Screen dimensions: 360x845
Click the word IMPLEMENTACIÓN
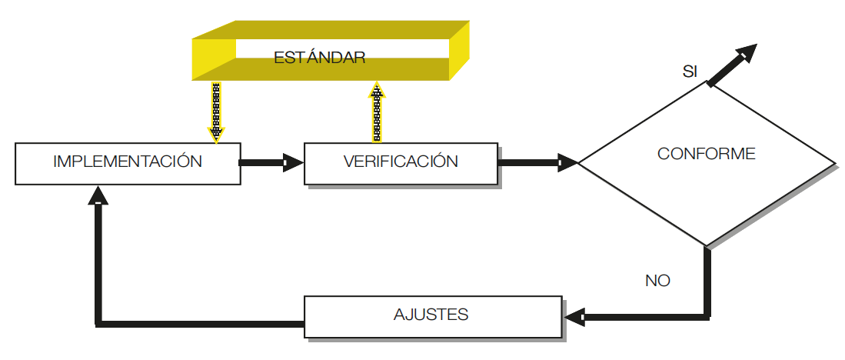[128, 162]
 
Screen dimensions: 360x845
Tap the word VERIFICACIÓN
[401, 162]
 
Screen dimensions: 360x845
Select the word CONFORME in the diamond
[706, 154]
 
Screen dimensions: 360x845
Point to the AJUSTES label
[431, 315]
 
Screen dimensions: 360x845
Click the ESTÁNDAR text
[319, 58]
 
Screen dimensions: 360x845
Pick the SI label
[690, 72]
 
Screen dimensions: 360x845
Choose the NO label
[657, 281]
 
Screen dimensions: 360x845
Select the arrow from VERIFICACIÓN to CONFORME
[538, 162]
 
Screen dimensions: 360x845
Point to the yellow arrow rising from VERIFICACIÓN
[377, 112]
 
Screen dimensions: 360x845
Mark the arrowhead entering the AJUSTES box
[574, 315]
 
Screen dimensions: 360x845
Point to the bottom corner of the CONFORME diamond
[706, 245]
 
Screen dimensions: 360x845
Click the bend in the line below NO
[707, 315]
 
